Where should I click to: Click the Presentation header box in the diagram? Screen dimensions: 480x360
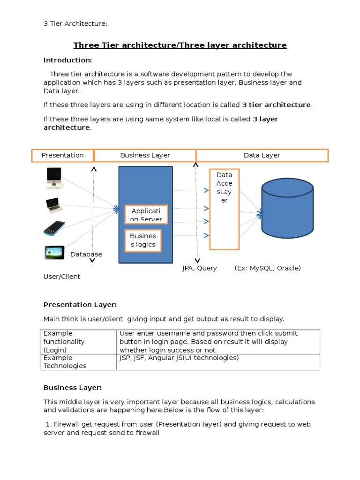(62, 156)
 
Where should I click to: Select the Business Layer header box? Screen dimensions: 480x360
(145, 156)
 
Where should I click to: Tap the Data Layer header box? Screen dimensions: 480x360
(262, 156)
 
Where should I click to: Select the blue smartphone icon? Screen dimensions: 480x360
(54, 228)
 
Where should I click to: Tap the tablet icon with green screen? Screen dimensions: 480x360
(54, 253)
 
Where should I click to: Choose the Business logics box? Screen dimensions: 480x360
(142, 240)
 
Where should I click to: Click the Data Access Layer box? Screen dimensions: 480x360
(224, 209)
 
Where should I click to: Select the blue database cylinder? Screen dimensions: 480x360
(287, 208)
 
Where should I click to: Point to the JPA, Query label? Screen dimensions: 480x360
(200, 268)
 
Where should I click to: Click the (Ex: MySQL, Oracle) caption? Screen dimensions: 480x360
(268, 268)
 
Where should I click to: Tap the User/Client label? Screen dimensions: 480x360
(62, 277)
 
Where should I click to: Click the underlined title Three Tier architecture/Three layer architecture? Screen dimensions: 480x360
(180, 45)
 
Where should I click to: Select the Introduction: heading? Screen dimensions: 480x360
(67, 60)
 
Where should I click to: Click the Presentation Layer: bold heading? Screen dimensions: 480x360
(80, 305)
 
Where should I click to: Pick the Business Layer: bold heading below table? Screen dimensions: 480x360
(73, 388)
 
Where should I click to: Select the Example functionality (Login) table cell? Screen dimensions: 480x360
(78, 342)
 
